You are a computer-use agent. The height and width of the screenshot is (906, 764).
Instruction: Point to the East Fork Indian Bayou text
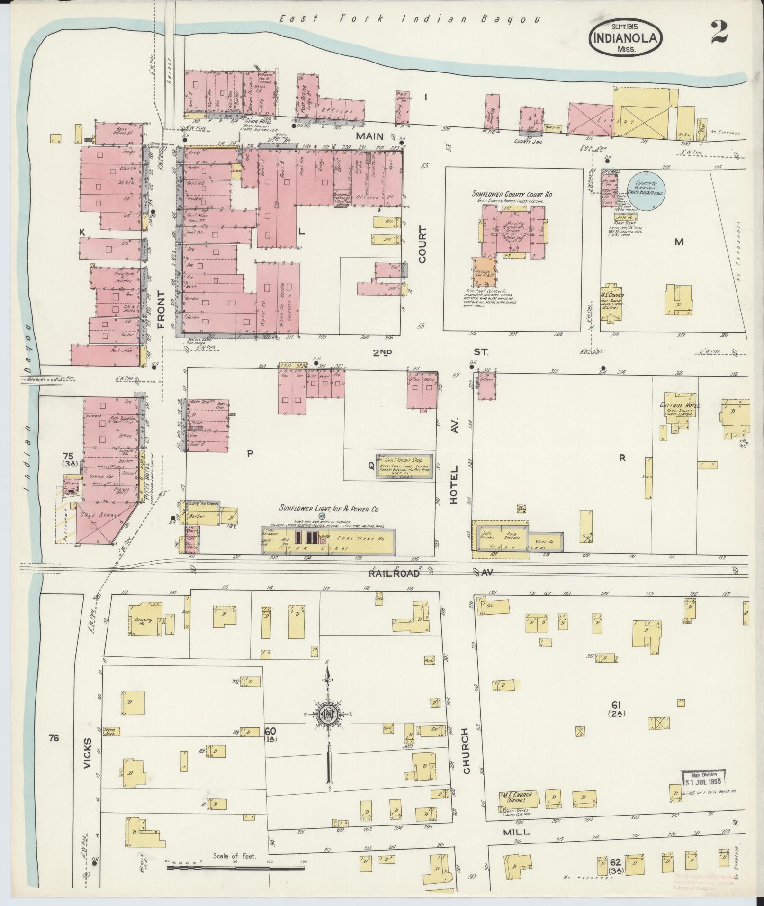coord(408,19)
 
